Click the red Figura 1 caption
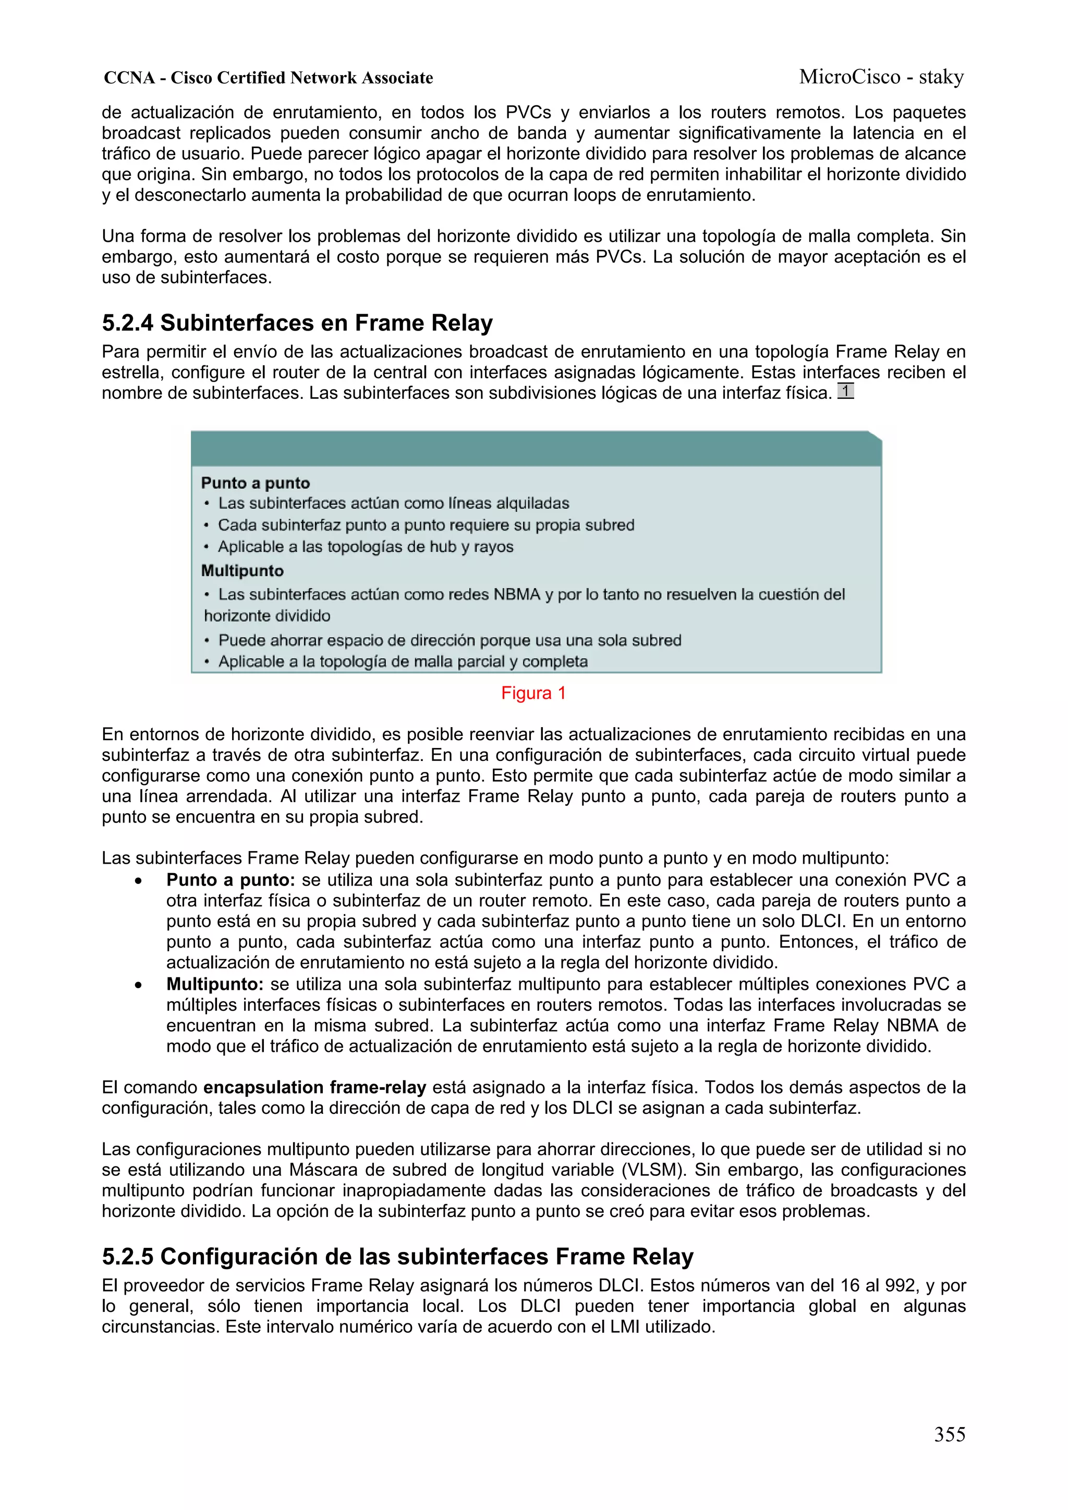click(x=533, y=693)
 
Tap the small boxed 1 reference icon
click(x=845, y=391)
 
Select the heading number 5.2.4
click(x=128, y=324)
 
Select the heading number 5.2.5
click(x=128, y=1257)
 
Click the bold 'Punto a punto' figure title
click(x=256, y=483)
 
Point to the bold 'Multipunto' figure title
click(x=242, y=571)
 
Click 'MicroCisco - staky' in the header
click(x=881, y=78)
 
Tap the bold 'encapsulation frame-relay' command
click(x=314, y=1088)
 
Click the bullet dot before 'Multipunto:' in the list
click(x=138, y=986)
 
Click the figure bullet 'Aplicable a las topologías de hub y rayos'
click(x=365, y=547)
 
